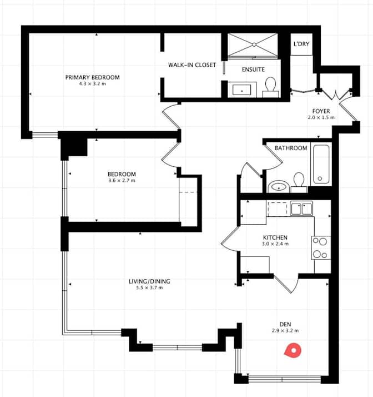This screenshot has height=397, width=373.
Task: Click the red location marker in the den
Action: coord(292,350)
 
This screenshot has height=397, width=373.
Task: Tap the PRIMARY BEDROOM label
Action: coord(92,77)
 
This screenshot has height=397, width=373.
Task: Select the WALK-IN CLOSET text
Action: coord(192,65)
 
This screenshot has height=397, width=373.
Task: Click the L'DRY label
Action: coord(301,43)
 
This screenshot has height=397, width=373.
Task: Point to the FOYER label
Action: coord(321,111)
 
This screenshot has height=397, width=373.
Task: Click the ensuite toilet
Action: coord(271,86)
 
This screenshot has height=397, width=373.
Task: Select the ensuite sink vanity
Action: coord(241,89)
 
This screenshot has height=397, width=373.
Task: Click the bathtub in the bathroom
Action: coord(321,163)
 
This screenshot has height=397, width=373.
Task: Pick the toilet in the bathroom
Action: coord(299,181)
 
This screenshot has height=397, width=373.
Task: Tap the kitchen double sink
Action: coord(301,209)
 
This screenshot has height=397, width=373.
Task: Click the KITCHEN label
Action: coord(275,237)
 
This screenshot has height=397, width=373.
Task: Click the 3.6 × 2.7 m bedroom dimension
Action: coord(122,180)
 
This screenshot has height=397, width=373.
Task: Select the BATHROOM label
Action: coord(291,148)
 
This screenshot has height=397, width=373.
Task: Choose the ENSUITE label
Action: coord(253,70)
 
